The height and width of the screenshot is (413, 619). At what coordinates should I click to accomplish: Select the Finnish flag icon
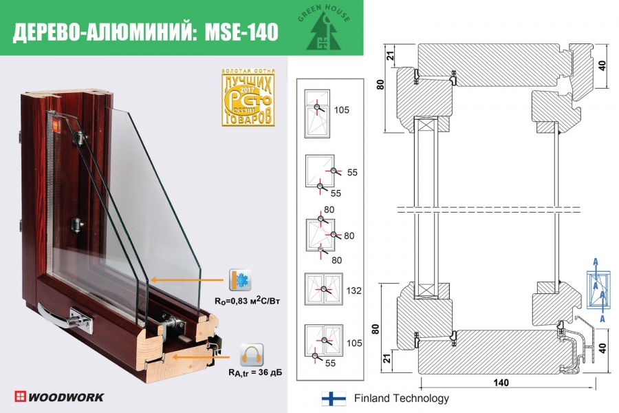click(x=334, y=399)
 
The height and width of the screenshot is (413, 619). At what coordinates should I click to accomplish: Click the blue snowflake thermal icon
click(x=241, y=281)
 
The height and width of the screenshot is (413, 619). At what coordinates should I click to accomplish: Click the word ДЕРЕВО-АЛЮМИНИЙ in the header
click(x=103, y=32)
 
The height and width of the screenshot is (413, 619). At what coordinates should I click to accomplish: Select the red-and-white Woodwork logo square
click(x=21, y=396)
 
